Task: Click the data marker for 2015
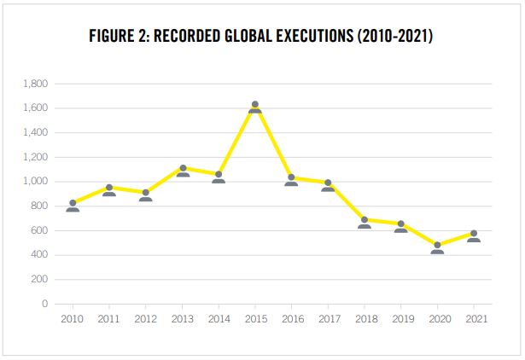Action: (x=255, y=107)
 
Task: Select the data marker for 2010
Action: (x=73, y=206)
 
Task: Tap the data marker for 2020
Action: (x=437, y=248)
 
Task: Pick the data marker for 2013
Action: (x=183, y=171)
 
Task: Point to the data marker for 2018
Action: (x=365, y=223)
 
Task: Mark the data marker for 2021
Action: (x=474, y=236)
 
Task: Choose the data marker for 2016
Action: (x=291, y=180)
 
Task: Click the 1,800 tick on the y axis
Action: (x=36, y=84)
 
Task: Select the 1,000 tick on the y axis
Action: (x=36, y=182)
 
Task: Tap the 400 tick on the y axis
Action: (x=39, y=255)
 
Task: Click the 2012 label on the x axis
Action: (x=146, y=319)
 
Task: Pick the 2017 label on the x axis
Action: (x=328, y=319)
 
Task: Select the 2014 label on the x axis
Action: (x=219, y=319)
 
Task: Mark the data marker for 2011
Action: (x=109, y=190)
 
